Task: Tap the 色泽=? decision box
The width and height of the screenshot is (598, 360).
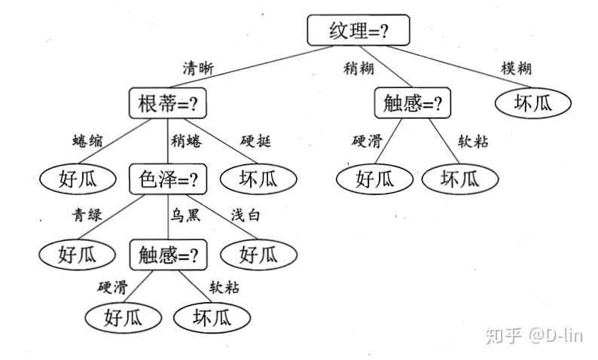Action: (167, 179)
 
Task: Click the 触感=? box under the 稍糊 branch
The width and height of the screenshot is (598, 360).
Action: (411, 103)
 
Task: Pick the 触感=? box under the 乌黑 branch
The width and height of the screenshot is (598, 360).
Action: (167, 255)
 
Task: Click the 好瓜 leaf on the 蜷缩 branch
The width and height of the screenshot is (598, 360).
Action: (78, 178)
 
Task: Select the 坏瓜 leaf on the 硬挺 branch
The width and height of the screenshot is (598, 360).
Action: (258, 178)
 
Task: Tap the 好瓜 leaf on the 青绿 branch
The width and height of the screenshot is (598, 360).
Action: (78, 255)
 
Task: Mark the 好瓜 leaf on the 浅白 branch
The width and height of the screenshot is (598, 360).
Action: (258, 255)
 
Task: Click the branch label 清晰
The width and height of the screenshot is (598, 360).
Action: (198, 68)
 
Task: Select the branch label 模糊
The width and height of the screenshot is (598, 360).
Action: (516, 68)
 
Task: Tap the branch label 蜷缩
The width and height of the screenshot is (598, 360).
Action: (88, 141)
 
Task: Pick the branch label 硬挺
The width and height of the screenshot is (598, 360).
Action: (255, 141)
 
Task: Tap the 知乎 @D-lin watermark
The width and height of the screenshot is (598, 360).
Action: (535, 335)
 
